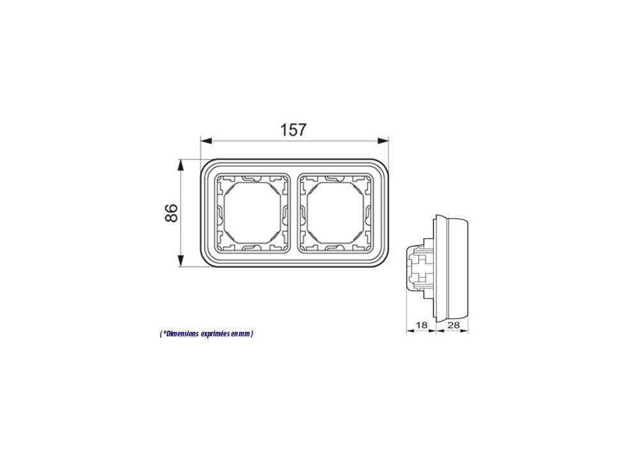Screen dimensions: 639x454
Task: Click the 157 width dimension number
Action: (293, 130)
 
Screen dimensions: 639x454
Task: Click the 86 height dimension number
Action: (171, 212)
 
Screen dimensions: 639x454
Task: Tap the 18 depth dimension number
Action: (421, 325)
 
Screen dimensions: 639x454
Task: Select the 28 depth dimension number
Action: (453, 325)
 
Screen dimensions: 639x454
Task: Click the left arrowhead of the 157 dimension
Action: (206, 141)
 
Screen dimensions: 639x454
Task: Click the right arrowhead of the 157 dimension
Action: (383, 141)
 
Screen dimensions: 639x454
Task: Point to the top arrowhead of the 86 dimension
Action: (181, 165)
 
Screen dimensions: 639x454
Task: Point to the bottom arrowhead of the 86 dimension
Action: (181, 262)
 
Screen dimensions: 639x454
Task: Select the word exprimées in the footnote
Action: (215, 334)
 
